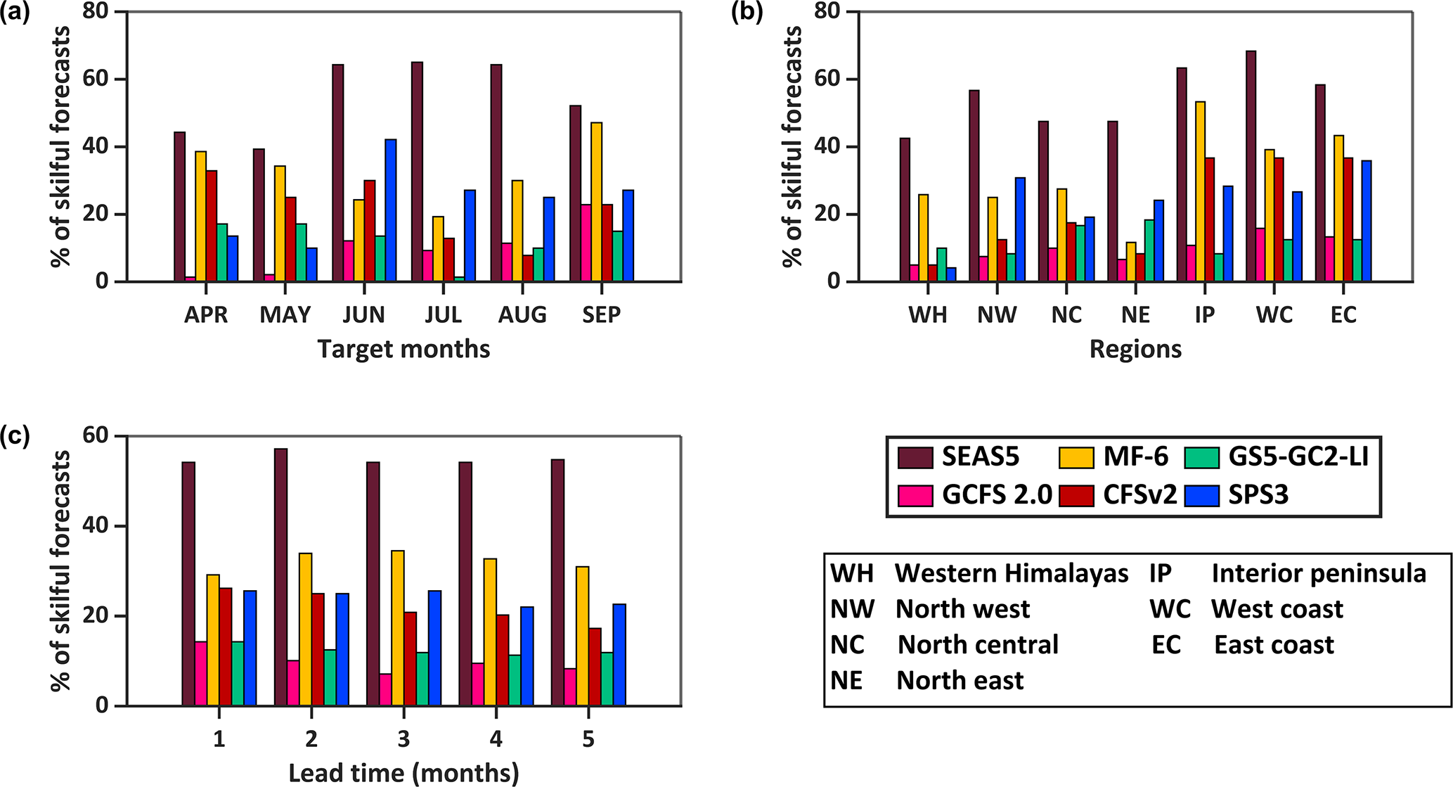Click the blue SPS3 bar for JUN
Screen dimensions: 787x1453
pos(390,211)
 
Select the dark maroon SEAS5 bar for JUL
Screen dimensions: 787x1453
pos(417,172)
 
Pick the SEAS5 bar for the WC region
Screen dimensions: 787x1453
pos(1251,167)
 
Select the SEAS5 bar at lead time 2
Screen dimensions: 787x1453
pos(280,577)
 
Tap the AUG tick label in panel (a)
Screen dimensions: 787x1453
pos(522,315)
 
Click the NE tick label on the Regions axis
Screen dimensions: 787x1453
pos(1135,315)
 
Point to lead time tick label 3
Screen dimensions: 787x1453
pos(403,739)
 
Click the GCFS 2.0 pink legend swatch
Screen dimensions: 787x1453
pos(915,496)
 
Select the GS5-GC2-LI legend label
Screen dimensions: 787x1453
pos(1298,458)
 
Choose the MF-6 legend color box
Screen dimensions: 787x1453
pos(1076,458)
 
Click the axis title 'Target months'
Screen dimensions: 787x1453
pos(403,350)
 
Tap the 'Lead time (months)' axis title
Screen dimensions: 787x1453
pos(403,774)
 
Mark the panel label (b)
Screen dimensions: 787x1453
pos(747,13)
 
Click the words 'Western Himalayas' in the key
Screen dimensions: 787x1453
pos(1011,574)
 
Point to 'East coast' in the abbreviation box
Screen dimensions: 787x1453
pos(1274,645)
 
